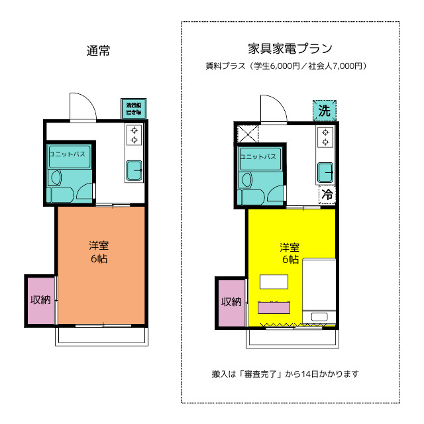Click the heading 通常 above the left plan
click(x=98, y=50)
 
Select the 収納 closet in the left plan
click(x=40, y=299)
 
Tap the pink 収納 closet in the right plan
click(x=231, y=302)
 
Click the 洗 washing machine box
click(x=324, y=111)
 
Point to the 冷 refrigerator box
click(x=327, y=194)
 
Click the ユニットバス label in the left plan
click(x=67, y=154)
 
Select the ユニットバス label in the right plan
click(x=258, y=157)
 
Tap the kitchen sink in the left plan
click(x=134, y=170)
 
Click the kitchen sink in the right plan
click(x=325, y=172)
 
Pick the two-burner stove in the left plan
click(x=134, y=134)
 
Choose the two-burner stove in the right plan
click(x=325, y=137)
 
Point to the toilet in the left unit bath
click(x=55, y=178)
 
